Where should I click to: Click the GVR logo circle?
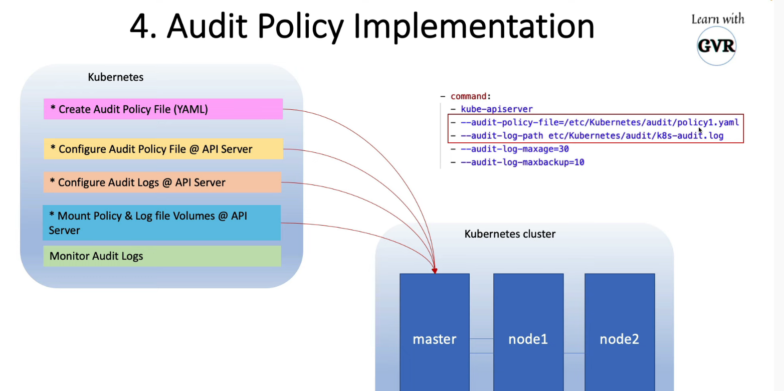[716, 47]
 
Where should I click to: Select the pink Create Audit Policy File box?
[163, 109]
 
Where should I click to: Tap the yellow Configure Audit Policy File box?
[163, 149]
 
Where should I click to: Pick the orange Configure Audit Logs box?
[162, 182]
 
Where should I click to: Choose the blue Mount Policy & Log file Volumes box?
[161, 223]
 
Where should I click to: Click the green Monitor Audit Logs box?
[161, 256]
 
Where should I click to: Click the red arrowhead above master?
[435, 271]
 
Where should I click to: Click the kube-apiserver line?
[496, 109]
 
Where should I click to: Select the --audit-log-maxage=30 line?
[514, 149]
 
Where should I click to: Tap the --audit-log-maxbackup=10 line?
[522, 162]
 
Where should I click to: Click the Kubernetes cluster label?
[510, 234]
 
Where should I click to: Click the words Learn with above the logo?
[718, 20]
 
